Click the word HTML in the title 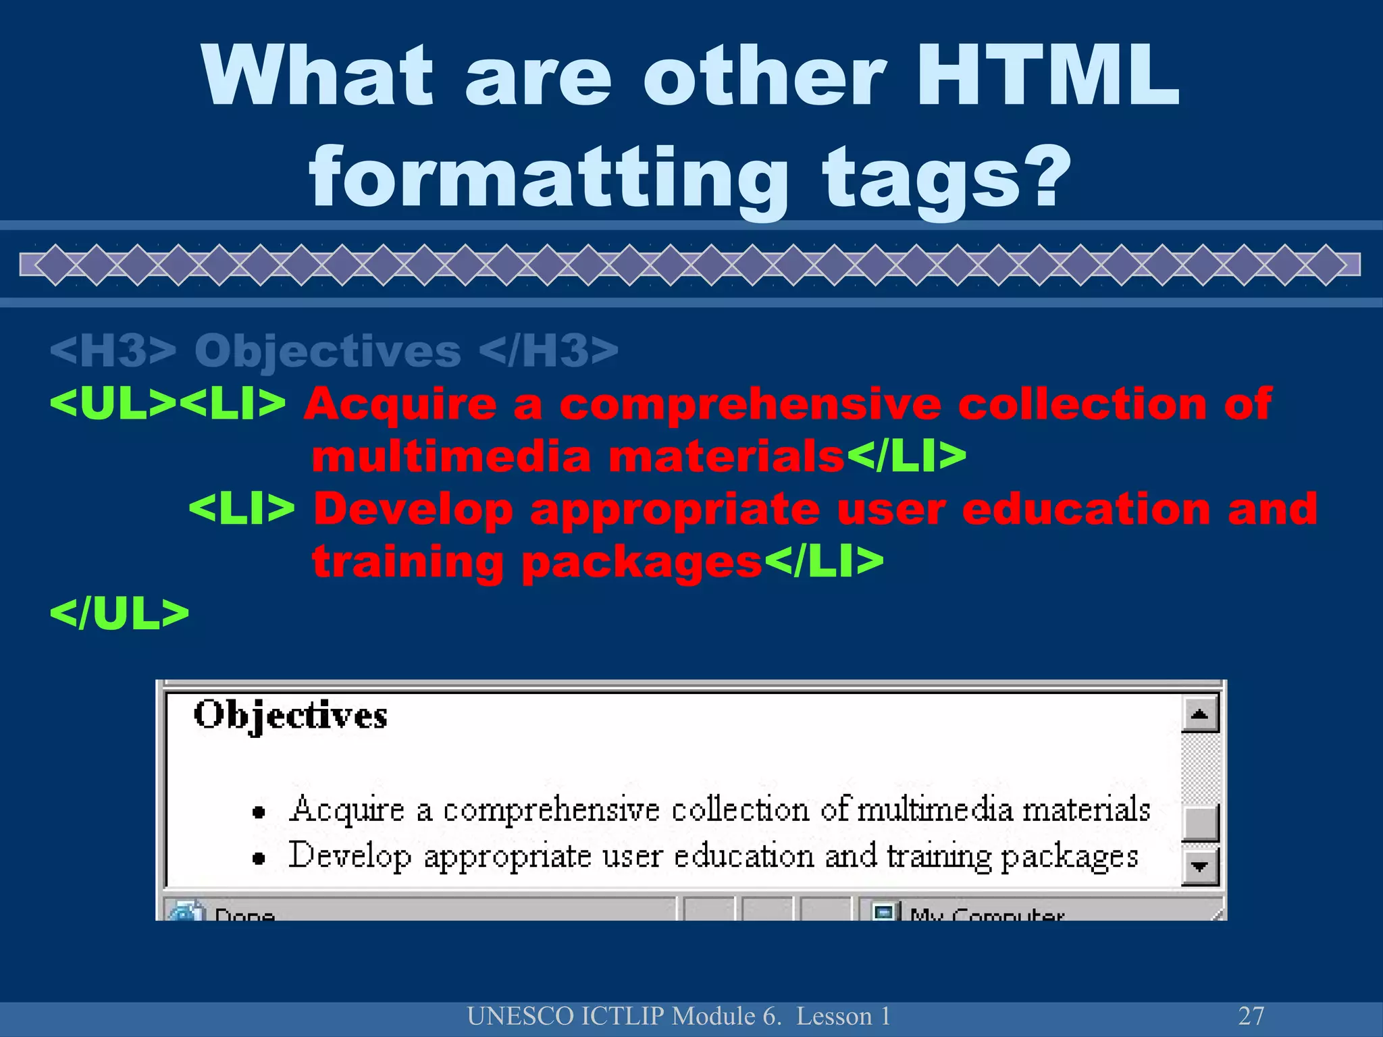(1047, 76)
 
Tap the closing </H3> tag (548, 351)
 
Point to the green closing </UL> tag (120, 614)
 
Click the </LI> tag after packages (823, 562)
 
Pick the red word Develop (413, 509)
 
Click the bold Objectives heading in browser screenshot (290, 716)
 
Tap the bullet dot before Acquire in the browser (258, 812)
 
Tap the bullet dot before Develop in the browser (258, 858)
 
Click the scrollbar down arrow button (1199, 866)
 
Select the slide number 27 (1251, 1015)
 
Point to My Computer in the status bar (986, 914)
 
